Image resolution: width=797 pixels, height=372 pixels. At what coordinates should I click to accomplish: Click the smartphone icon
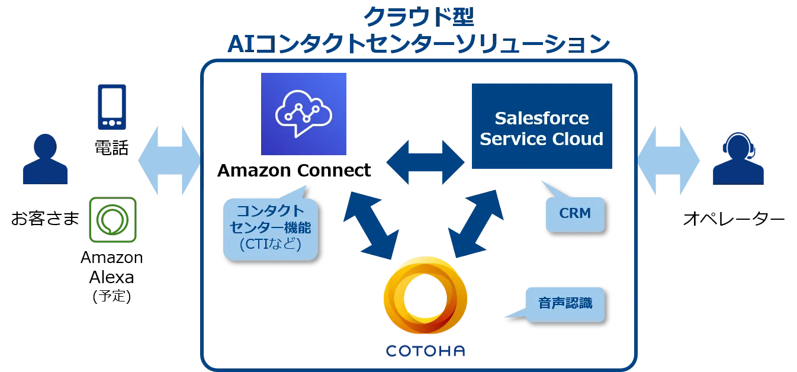[x=111, y=107]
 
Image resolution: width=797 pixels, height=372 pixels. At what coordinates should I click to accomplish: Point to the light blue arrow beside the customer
[x=169, y=160]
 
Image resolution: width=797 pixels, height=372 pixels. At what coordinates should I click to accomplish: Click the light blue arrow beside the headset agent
[x=669, y=160]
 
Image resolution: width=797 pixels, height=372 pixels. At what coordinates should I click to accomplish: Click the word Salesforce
[x=541, y=118]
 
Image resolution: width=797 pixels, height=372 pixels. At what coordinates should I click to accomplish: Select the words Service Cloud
[x=541, y=139]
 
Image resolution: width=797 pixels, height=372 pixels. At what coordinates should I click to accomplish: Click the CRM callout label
[x=574, y=213]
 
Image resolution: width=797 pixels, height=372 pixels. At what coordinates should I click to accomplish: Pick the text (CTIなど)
[x=270, y=244]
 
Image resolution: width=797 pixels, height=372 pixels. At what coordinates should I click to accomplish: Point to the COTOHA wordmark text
[x=425, y=351]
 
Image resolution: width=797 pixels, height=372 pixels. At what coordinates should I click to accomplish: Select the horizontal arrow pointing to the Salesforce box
[x=425, y=160]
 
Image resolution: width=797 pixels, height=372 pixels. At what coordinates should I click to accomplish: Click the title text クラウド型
[x=419, y=18]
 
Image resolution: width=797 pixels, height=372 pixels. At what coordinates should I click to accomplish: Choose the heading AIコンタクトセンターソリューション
[x=419, y=45]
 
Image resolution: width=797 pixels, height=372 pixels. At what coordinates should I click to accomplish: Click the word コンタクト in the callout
[x=270, y=211]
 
